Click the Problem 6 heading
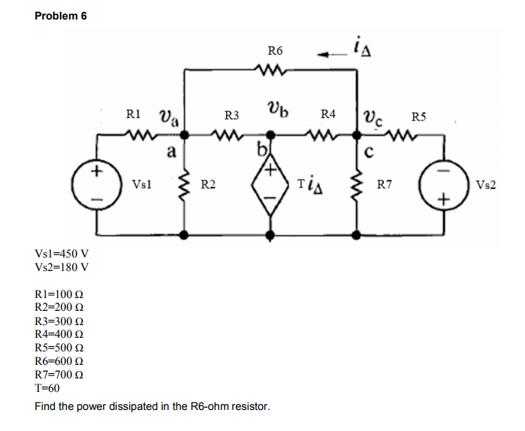[x=61, y=17]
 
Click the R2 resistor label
[x=210, y=184]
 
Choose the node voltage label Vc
[x=373, y=116]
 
